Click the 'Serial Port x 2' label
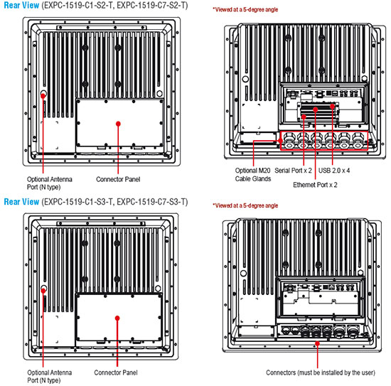coord(293,171)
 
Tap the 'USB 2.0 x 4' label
coord(334,171)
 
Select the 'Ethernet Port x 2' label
coord(315,185)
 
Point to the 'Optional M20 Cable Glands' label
coord(253,175)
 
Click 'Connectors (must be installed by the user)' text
coord(321,372)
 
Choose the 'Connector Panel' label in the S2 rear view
coord(118,179)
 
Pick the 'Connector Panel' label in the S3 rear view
coord(116,372)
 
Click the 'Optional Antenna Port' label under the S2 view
coord(49,183)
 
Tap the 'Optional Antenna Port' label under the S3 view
coord(49,376)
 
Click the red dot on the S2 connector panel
coord(118,124)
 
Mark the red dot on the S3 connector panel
coord(117,318)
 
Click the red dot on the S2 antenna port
coord(43,95)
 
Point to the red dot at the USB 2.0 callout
coord(332,106)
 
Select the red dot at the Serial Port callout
coord(304,117)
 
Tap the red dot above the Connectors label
coord(317,344)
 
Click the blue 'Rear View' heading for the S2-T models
coord(21,5)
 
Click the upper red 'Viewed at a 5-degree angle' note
coord(245,10)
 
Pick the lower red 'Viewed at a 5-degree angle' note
coord(245,205)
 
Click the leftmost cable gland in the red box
coord(289,140)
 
